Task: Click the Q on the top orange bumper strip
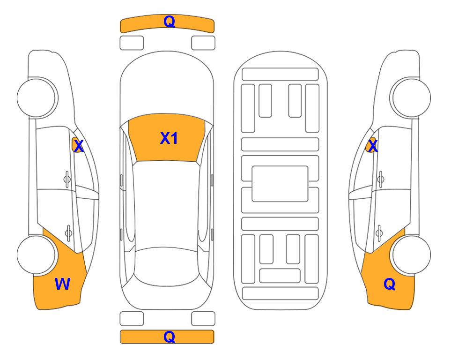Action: (x=169, y=22)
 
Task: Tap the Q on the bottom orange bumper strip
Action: (x=169, y=337)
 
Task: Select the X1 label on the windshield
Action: (x=169, y=138)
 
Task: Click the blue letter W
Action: (x=62, y=284)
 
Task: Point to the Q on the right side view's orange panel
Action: (x=390, y=284)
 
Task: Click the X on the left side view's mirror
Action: (x=79, y=146)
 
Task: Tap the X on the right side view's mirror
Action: (x=373, y=146)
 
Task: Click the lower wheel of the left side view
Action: (x=36, y=255)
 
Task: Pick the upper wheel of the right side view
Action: (x=411, y=98)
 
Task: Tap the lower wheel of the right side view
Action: (x=411, y=255)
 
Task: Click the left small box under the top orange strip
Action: (x=132, y=43)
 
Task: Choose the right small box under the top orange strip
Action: (x=203, y=43)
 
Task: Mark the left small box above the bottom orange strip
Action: (x=132, y=319)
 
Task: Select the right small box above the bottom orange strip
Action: (x=203, y=319)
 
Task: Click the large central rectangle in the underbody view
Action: (x=280, y=184)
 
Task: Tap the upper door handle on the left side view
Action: (x=67, y=180)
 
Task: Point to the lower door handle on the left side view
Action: (x=68, y=232)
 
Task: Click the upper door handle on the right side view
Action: (x=381, y=180)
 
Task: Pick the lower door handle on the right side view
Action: (x=379, y=233)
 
